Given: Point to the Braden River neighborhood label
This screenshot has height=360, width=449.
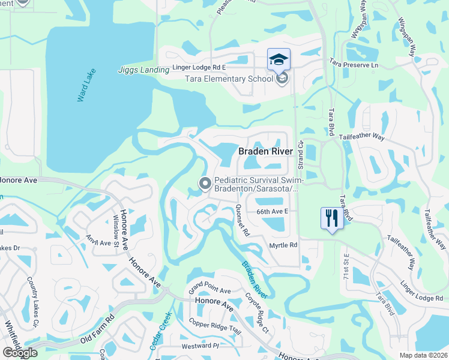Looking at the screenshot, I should (x=265, y=152).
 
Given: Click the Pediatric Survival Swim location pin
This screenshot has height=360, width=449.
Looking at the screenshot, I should (x=205, y=184).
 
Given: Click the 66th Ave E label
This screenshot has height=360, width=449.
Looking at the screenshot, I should (x=273, y=211).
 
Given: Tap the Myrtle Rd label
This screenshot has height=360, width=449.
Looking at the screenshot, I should (x=283, y=245).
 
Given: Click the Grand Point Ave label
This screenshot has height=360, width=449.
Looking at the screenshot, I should (x=209, y=290).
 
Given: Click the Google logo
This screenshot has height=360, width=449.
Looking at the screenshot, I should (x=20, y=353).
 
